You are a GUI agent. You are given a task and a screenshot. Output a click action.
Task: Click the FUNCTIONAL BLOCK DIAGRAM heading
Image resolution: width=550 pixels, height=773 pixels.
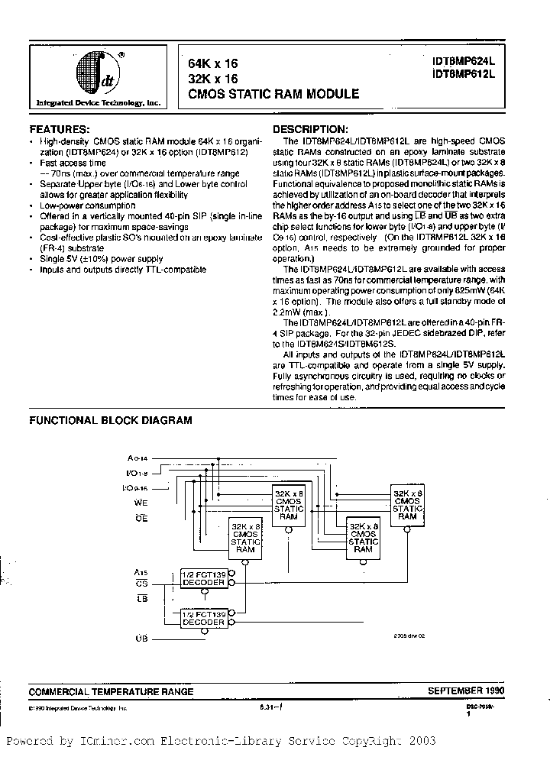point(110,420)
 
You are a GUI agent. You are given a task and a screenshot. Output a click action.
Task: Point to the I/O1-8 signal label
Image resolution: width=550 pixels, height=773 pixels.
point(137,473)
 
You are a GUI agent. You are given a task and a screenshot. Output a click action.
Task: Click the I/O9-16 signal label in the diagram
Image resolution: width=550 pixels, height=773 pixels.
point(137,487)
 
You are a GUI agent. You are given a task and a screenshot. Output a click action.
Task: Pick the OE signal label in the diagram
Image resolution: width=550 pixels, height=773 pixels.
point(141,519)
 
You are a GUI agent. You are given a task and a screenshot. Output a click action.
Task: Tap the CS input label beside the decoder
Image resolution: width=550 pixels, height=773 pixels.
point(141,584)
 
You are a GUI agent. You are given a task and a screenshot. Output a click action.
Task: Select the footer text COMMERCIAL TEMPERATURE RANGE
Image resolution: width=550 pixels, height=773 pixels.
point(111,691)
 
